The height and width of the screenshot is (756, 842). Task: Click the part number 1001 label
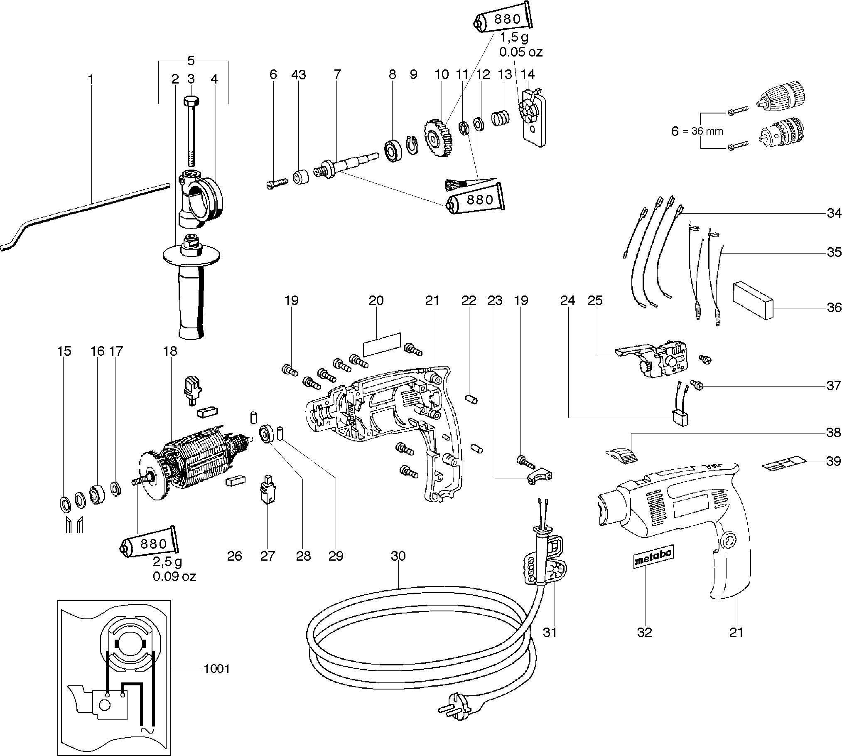click(x=216, y=669)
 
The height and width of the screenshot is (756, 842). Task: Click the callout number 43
click(x=298, y=75)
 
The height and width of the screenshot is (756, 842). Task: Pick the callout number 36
click(x=834, y=308)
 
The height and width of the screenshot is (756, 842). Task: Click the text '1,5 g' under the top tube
click(x=514, y=38)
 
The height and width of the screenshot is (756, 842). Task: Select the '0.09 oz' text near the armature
click(x=174, y=576)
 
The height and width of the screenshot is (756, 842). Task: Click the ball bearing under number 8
click(x=392, y=151)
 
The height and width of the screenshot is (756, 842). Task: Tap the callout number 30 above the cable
click(x=398, y=556)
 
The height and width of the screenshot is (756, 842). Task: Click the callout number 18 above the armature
click(x=170, y=351)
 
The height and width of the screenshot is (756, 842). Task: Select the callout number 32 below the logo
click(x=645, y=633)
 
